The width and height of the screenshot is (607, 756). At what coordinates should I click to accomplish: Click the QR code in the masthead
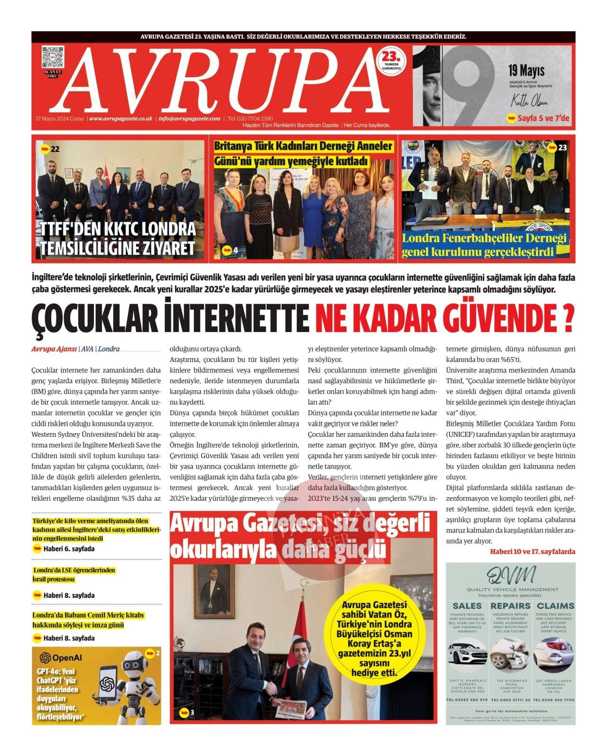coord(52,57)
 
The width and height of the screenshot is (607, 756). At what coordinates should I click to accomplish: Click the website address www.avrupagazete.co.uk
coord(120,119)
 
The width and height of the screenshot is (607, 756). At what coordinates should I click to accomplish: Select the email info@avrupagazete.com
coord(189,119)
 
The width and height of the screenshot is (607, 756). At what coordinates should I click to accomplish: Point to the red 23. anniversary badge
coord(392,61)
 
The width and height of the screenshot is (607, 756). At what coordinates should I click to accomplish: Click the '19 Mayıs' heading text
coord(526,72)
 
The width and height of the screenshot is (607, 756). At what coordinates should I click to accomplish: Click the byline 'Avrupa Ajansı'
coord(54,349)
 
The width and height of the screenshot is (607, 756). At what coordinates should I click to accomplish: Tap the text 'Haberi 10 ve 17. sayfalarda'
coord(532,552)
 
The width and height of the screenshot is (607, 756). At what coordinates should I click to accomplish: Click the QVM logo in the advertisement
coord(510,575)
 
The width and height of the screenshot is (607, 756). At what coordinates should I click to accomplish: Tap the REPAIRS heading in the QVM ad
coord(510,606)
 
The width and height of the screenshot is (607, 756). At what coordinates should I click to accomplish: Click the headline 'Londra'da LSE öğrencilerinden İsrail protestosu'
coord(74,575)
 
